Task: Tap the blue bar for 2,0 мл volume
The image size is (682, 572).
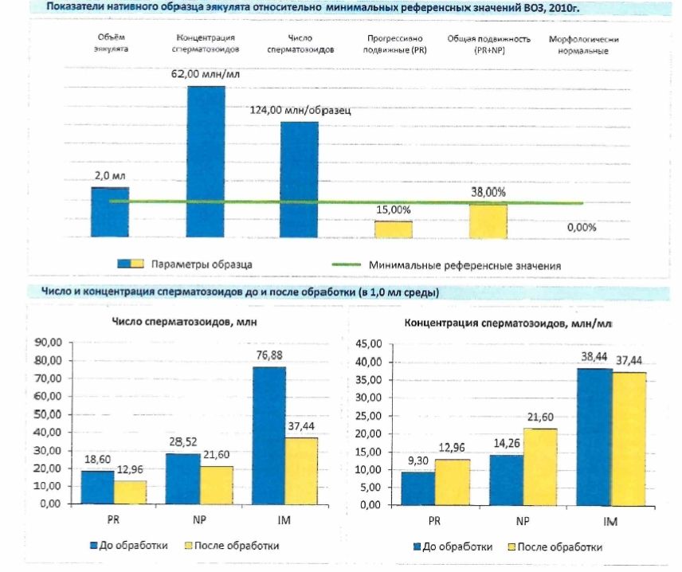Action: (110, 211)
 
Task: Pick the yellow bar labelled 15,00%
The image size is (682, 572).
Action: (394, 229)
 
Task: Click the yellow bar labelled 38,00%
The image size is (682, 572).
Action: (488, 220)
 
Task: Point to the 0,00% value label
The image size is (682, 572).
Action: (582, 227)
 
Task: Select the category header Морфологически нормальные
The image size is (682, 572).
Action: (584, 44)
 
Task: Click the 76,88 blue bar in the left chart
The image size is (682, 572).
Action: (269, 435)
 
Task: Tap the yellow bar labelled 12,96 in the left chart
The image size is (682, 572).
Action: (130, 492)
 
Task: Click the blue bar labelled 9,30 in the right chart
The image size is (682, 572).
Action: (418, 488)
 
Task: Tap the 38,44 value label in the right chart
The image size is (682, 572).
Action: (594, 360)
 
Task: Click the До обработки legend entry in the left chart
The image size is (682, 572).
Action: (138, 547)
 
